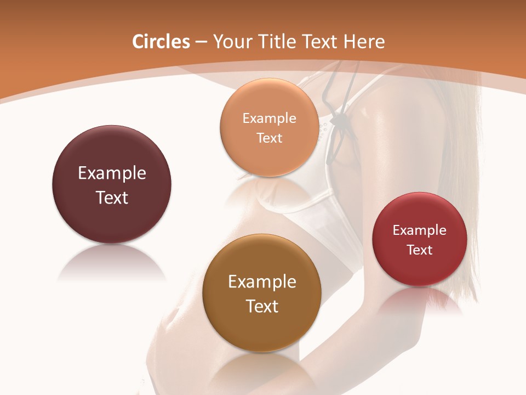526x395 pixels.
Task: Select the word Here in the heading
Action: (364, 42)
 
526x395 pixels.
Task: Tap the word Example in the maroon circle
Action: (112, 173)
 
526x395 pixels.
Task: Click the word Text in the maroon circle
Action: (112, 198)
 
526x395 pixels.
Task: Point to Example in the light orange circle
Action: (269, 119)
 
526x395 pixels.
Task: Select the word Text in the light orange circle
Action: (269, 138)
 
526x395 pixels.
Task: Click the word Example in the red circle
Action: (420, 230)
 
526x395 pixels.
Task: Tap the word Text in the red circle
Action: (420, 250)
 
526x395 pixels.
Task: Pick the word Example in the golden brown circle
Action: (262, 282)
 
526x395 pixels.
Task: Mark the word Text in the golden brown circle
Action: (262, 306)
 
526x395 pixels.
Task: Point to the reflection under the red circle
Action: (420, 301)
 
